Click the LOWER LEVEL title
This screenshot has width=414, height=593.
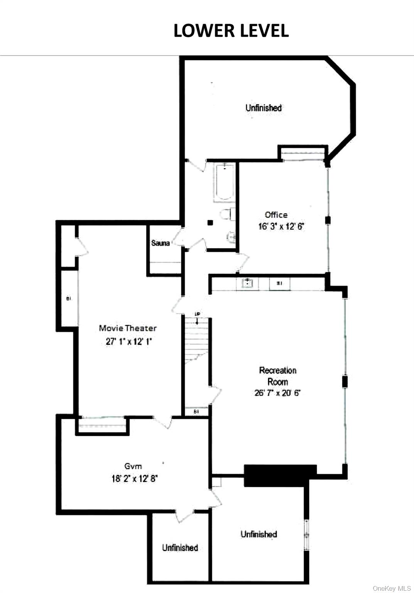[231, 31]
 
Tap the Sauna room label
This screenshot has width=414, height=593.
[160, 243]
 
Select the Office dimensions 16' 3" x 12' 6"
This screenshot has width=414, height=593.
[281, 226]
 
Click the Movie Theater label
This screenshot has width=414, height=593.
[128, 328]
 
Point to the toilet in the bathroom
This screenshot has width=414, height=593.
[226, 215]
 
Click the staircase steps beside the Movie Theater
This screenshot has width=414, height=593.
[196, 340]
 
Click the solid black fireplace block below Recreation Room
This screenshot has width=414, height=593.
[280, 475]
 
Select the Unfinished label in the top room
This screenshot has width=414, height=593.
[264, 108]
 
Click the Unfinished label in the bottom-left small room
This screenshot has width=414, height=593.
[180, 547]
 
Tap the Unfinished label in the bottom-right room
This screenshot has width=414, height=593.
[259, 534]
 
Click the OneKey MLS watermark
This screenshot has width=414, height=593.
[392, 588]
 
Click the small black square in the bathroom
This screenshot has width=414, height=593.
[210, 223]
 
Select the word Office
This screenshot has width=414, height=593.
[276, 215]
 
